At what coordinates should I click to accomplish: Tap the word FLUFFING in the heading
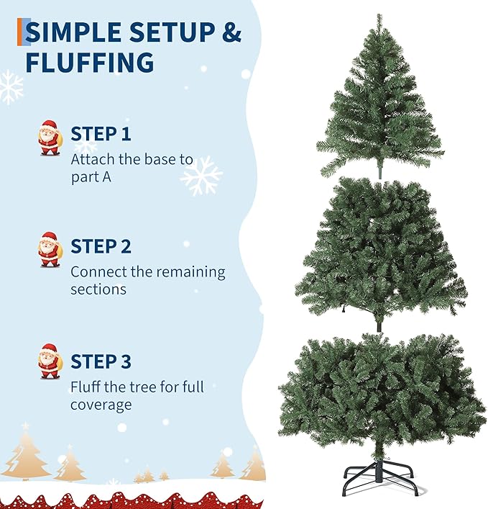[90, 63]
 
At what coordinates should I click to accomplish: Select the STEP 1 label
[101, 134]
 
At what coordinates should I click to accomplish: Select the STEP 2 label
[101, 247]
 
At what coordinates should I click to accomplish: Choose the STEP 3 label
[101, 361]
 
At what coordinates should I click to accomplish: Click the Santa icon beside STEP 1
[50, 138]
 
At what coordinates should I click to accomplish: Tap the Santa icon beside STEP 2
[50, 250]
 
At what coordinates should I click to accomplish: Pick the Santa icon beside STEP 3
[50, 361]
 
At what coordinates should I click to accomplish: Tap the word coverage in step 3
[101, 405]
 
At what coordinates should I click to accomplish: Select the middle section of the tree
[379, 252]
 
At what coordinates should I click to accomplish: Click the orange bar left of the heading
[20, 32]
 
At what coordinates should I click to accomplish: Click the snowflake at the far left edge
[10, 86]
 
